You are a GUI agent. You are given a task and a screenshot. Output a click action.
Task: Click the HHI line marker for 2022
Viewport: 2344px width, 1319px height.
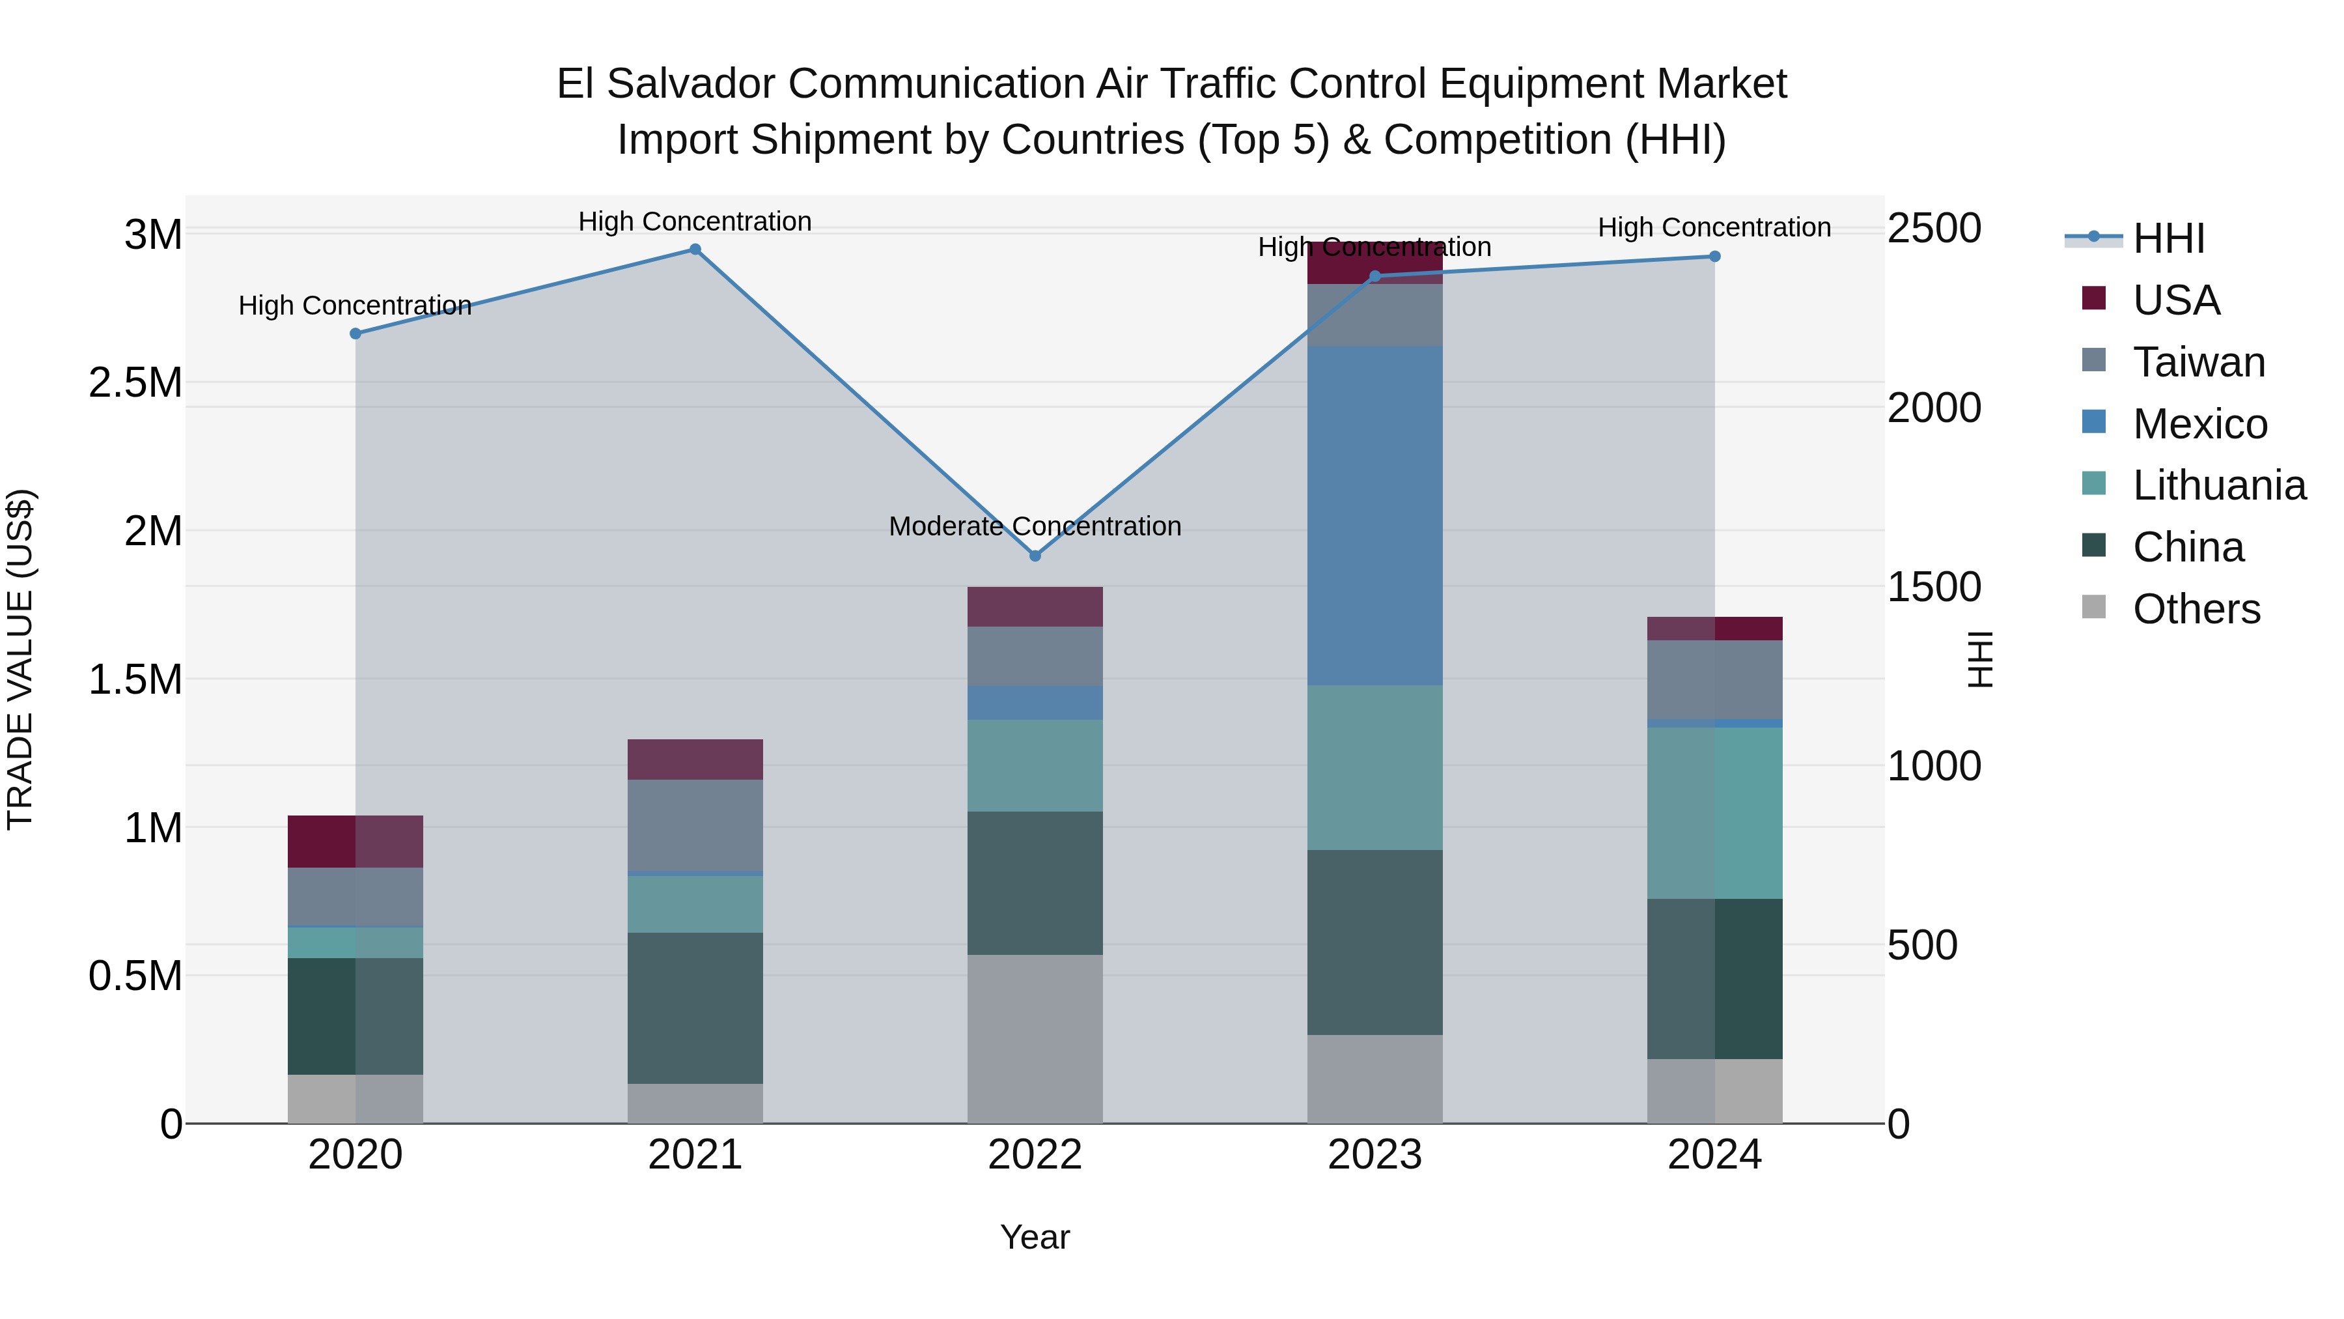tap(1035, 555)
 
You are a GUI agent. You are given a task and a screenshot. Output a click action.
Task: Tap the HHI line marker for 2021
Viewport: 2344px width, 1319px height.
tap(695, 249)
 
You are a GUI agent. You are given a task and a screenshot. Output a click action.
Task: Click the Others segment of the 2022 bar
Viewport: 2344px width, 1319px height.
tap(1035, 1039)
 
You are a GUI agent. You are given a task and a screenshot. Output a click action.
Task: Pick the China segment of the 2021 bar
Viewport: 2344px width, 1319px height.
tap(695, 1008)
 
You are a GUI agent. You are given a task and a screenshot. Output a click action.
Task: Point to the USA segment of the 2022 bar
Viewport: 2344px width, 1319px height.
tap(1035, 606)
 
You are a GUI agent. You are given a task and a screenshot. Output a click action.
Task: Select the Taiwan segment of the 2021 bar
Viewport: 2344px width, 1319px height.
tap(695, 825)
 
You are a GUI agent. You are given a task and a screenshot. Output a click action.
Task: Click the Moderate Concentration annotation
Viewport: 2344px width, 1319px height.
tap(1035, 526)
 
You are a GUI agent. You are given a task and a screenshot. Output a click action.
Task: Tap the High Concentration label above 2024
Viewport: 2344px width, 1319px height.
tap(1714, 227)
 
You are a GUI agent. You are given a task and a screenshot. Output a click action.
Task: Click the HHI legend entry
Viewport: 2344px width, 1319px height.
tap(2168, 238)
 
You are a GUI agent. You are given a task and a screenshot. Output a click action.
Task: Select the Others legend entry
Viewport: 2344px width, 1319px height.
tap(2196, 609)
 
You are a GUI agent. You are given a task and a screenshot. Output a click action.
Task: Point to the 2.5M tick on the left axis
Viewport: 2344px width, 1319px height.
tap(135, 383)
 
